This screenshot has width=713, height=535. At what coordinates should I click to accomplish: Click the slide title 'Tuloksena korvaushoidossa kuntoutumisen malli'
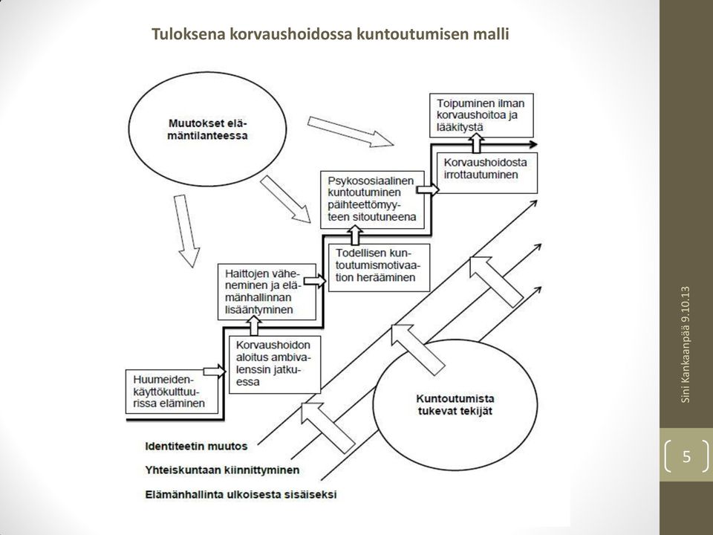(x=330, y=34)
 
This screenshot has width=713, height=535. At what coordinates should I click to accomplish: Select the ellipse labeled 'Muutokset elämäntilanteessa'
(x=208, y=129)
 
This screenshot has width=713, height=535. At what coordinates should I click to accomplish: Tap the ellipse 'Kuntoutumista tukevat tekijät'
(x=455, y=404)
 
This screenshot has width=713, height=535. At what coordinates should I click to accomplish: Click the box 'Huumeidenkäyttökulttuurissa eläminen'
(x=172, y=392)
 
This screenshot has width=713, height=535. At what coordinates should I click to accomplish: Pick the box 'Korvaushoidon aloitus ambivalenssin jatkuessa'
(x=275, y=364)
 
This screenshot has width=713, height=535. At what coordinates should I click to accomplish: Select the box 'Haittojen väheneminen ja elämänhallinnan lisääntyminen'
(x=267, y=291)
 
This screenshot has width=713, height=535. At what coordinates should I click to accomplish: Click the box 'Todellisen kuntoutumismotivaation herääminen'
(x=380, y=267)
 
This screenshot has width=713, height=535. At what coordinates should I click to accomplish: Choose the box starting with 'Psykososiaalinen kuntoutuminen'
(x=372, y=199)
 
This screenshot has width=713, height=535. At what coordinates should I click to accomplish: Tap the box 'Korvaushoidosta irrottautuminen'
(x=487, y=172)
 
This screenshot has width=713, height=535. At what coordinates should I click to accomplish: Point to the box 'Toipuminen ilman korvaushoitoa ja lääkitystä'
(x=481, y=116)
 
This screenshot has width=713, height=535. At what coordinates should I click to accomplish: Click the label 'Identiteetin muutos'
(x=196, y=446)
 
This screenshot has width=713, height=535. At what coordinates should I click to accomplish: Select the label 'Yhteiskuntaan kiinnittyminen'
(x=222, y=470)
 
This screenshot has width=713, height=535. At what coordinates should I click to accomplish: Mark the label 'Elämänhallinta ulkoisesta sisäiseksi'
(x=241, y=495)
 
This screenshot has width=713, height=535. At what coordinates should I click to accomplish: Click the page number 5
(x=686, y=455)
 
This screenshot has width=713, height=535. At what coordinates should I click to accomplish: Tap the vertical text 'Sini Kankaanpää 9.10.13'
(x=686, y=344)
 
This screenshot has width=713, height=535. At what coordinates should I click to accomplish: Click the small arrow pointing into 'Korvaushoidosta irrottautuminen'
(x=428, y=189)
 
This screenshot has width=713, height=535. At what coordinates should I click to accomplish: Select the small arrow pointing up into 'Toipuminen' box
(x=475, y=143)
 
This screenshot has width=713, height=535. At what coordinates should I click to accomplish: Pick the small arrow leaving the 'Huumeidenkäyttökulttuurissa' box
(x=215, y=372)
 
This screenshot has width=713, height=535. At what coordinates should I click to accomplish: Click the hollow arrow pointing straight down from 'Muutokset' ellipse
(x=186, y=230)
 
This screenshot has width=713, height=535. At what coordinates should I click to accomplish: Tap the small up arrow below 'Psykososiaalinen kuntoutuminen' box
(x=355, y=235)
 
